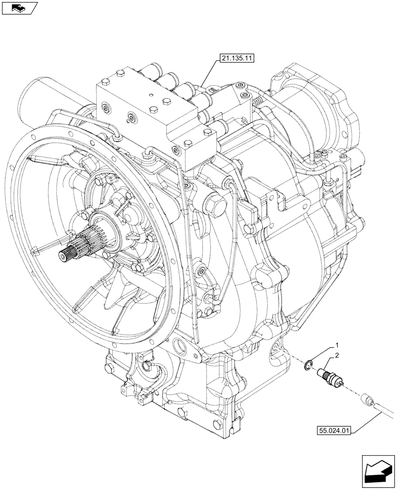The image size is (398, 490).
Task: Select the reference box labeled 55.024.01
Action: pyautogui.click(x=332, y=431)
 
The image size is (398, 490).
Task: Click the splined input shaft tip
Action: pyautogui.click(x=66, y=254)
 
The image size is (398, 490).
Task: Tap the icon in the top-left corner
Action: pyautogui.click(x=19, y=7)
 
